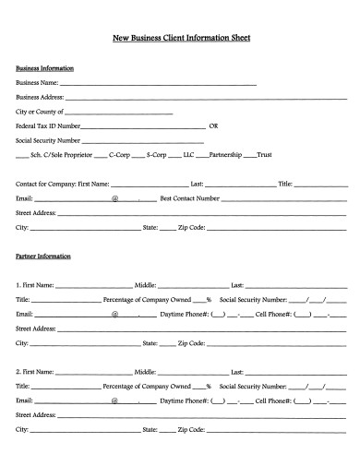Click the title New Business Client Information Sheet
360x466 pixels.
pos(181,39)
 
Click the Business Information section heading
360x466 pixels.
pos(45,68)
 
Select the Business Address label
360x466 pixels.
pos(40,96)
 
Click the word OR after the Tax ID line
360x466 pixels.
pos(214,125)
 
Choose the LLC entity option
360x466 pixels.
pos(188,155)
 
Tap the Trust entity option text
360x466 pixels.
pos(264,155)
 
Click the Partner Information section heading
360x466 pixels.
pos(43,256)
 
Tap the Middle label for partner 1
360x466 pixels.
pos(146,285)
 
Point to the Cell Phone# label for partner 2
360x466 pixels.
pos(273,400)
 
